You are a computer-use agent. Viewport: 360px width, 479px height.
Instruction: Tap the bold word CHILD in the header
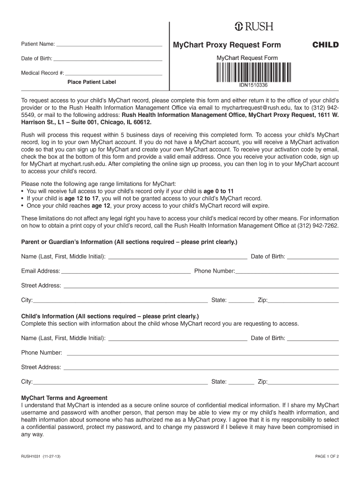325,45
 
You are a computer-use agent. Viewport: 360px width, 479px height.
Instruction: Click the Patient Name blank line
109,46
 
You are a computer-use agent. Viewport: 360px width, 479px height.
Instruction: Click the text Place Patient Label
92,82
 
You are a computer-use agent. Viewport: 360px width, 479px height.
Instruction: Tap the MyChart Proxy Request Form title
227,45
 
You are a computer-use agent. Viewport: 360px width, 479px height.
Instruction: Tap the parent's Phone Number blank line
287,272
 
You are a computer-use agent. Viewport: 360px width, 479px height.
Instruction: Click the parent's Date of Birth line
313,258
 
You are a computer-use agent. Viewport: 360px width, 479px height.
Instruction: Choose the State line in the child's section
241,383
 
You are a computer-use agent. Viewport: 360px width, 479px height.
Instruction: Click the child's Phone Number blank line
202,354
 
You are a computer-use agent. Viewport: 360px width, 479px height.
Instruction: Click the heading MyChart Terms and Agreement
65,398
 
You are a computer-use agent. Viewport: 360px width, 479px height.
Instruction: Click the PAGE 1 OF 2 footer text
327,457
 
